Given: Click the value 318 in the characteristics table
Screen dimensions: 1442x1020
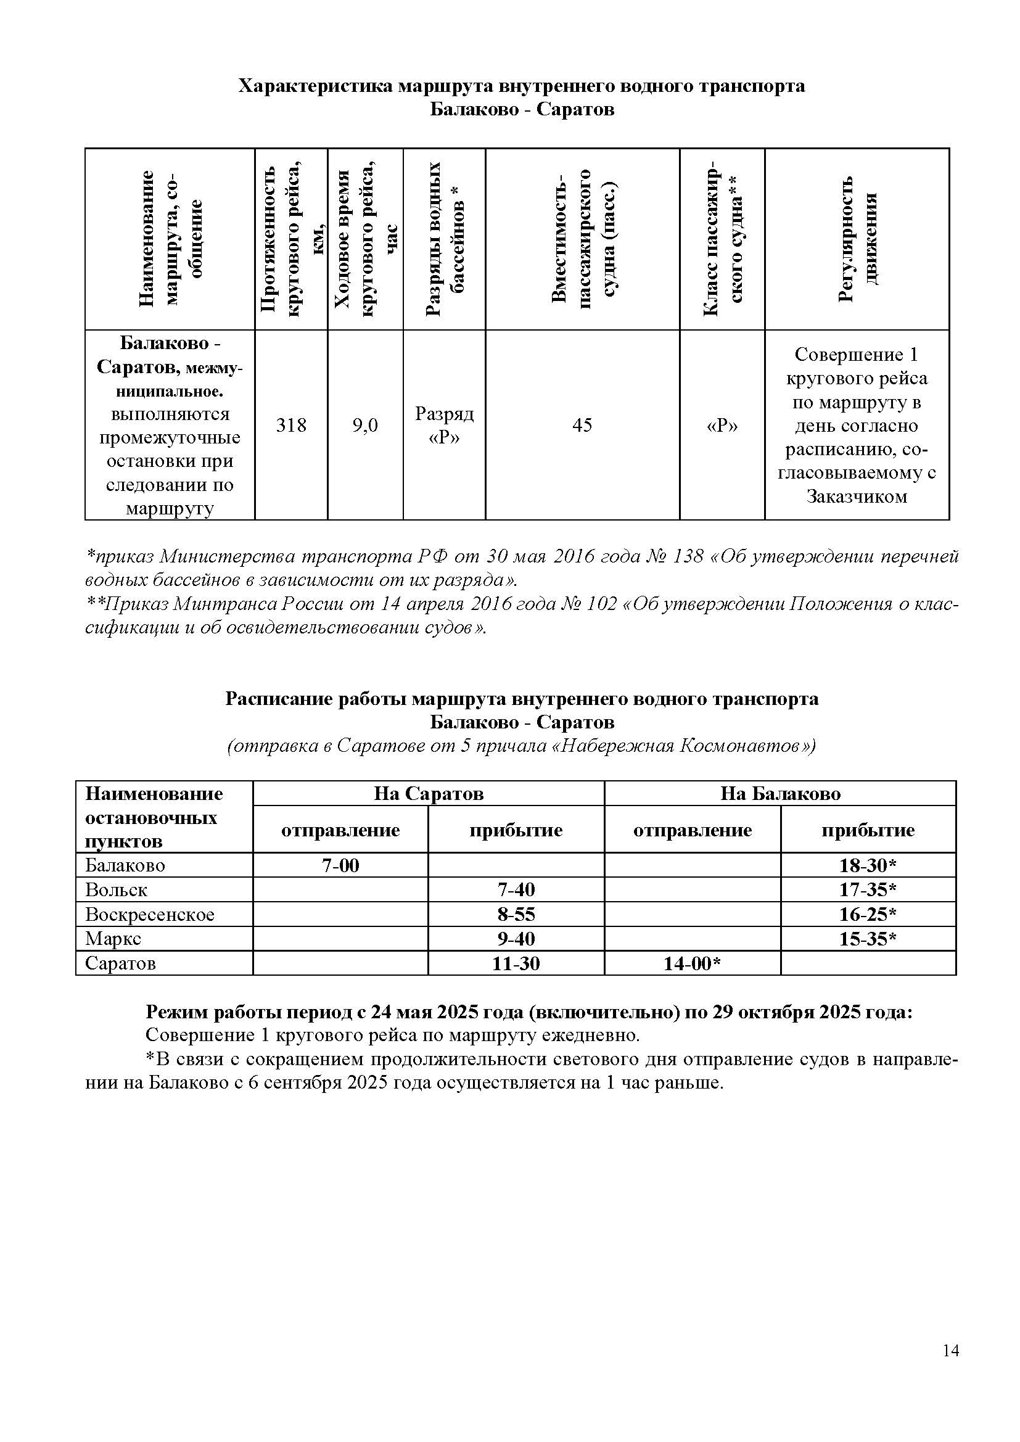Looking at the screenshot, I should coord(291,426).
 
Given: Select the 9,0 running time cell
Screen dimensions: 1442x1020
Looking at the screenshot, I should coord(365,426).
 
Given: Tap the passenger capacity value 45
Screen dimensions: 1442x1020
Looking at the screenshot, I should coord(582,426).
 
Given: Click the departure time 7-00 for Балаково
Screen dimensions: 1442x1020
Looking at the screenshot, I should coord(340,865).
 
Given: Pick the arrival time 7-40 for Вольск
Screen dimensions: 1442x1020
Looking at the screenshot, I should coord(516,890).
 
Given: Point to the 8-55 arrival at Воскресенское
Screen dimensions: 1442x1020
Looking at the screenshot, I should coord(516,915).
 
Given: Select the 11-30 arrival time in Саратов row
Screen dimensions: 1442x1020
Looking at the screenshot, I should coord(516,963).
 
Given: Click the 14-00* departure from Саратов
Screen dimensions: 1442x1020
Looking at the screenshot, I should coord(691,963).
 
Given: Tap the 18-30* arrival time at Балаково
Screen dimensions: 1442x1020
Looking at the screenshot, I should coord(868,865).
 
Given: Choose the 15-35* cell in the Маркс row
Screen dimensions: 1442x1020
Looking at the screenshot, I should coord(868,939).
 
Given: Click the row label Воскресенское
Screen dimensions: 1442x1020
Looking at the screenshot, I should coord(149,915).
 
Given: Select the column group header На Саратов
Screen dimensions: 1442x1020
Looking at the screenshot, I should coord(429,794).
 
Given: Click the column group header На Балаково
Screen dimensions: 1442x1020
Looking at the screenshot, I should coord(779,794).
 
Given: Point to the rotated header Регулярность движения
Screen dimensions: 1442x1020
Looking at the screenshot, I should coord(857,239).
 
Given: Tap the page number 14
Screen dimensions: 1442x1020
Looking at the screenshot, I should coord(950,1350).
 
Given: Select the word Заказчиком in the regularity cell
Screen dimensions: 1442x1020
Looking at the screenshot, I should coord(857,496).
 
